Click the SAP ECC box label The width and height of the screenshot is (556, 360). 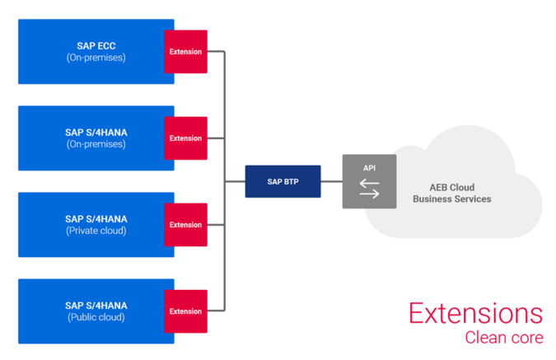point(96,46)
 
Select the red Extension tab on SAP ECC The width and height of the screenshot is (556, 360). point(185,52)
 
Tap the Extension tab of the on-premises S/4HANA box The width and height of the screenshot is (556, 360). point(185,138)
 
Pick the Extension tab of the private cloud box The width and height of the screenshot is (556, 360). point(185,225)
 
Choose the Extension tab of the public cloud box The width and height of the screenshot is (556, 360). point(185,311)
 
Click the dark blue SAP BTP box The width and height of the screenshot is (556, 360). point(283,181)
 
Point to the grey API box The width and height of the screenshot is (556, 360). point(368,181)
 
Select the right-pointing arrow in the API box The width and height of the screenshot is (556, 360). point(369,194)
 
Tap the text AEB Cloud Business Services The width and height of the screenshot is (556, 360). point(451,194)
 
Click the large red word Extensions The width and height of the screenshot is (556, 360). point(475,314)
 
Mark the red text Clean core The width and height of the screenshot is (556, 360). point(502,338)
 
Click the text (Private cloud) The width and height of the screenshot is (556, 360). point(96,231)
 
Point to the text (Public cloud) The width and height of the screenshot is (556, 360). point(96,317)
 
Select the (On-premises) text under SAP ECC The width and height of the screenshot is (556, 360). point(96,58)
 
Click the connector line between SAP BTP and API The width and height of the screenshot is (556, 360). point(331,181)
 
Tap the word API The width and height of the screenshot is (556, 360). point(369,167)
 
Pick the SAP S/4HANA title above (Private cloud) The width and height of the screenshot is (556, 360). point(96,219)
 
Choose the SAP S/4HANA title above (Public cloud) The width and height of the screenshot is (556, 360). point(96,306)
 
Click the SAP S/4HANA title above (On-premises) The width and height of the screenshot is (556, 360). point(96,133)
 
